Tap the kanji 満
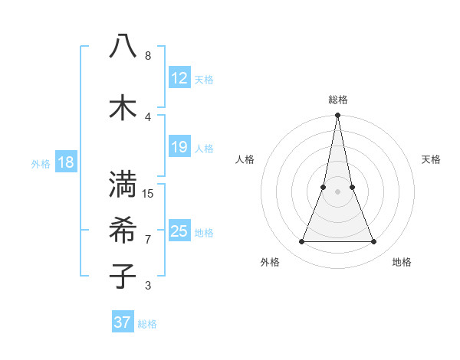[x=123, y=184]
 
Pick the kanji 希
[x=123, y=230]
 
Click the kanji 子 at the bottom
[x=123, y=276]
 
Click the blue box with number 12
[x=179, y=77]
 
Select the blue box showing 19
[x=179, y=146]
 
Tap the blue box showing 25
[x=179, y=231]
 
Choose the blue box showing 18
[x=65, y=162]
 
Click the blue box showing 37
[x=123, y=322]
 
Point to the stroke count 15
[x=149, y=193]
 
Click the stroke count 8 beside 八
[x=148, y=56]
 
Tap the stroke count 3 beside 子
[x=148, y=286]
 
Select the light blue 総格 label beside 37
[x=147, y=324]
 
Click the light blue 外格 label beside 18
[x=41, y=163]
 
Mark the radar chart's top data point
[x=337, y=116]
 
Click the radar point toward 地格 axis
[x=374, y=242]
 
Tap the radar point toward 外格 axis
[x=301, y=242]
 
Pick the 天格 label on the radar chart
[x=431, y=159]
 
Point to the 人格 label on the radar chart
[x=245, y=159]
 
